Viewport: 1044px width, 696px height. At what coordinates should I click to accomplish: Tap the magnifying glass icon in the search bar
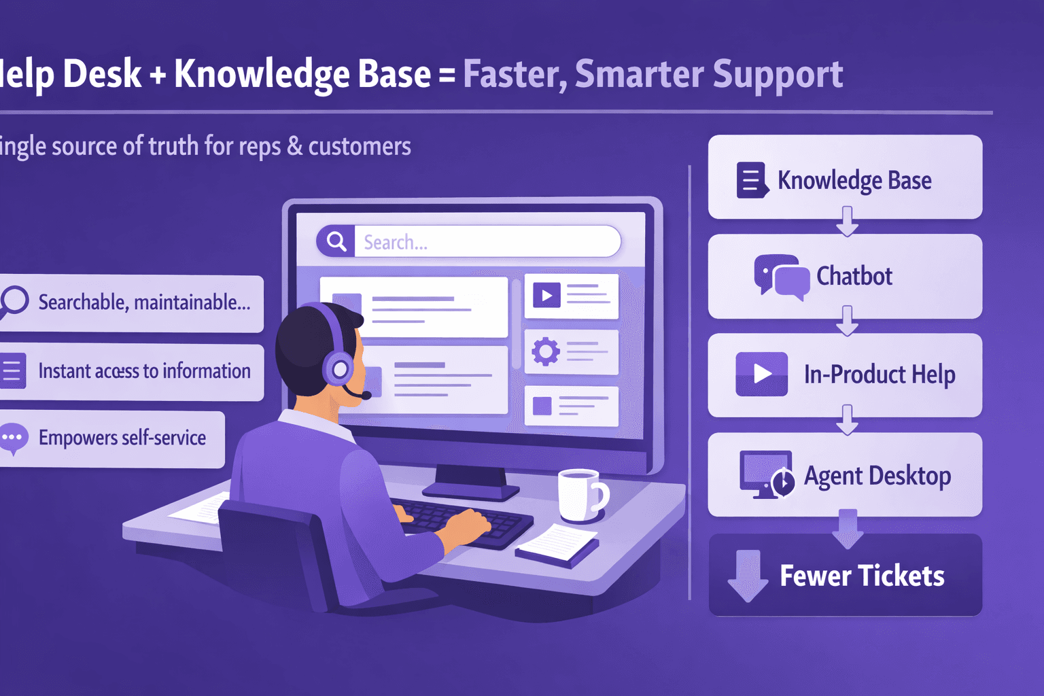[336, 241]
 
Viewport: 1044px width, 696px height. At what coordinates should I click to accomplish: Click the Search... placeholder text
[396, 242]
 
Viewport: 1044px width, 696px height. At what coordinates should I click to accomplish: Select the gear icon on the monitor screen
[545, 351]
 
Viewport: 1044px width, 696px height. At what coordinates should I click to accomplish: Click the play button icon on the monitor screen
[546, 296]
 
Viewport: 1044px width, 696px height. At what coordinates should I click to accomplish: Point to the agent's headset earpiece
[339, 370]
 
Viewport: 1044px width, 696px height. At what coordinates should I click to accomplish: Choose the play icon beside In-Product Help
[761, 374]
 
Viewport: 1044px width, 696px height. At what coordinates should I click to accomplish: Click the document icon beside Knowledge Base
[752, 180]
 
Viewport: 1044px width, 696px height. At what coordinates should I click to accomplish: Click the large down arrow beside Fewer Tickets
[748, 575]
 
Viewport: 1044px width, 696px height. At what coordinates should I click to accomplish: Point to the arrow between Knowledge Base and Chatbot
[847, 222]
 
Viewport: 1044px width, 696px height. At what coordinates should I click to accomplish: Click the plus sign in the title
[158, 75]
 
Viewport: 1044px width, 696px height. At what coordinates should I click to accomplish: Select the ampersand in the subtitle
[294, 146]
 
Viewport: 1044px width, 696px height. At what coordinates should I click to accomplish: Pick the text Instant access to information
[144, 371]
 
